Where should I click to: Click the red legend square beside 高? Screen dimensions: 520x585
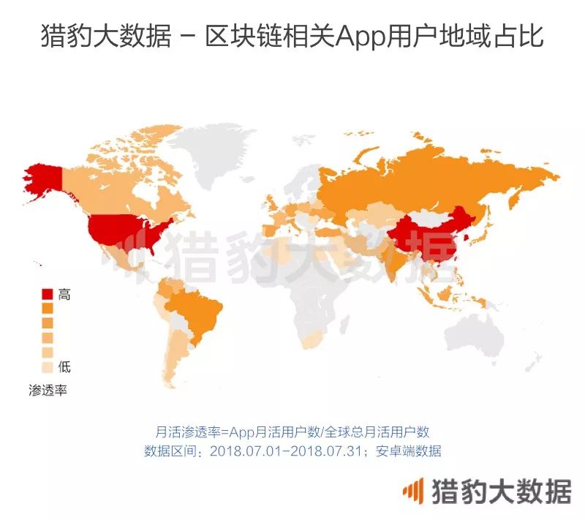[47, 295]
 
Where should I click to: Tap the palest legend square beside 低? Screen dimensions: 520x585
[47, 366]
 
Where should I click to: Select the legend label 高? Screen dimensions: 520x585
[64, 295]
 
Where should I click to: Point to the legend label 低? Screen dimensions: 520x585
[64, 366]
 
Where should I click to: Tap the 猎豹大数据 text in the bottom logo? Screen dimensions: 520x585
[501, 491]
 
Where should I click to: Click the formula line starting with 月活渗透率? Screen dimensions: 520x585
[292, 432]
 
